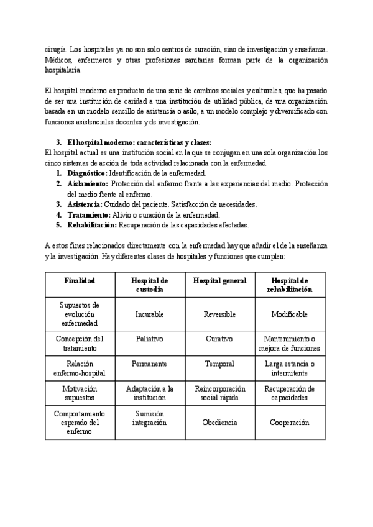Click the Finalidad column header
80,281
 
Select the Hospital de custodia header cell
149,285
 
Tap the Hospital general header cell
219,281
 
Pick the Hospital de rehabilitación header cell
289,285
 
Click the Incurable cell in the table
149,314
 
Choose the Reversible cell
219,314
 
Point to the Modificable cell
289,314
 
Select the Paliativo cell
149,339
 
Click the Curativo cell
219,339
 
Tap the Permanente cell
149,364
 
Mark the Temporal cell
219,364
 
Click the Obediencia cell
219,423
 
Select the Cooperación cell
289,423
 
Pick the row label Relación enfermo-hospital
80,368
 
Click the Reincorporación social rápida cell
219,393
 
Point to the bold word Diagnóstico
86,173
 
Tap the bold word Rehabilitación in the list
91,225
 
